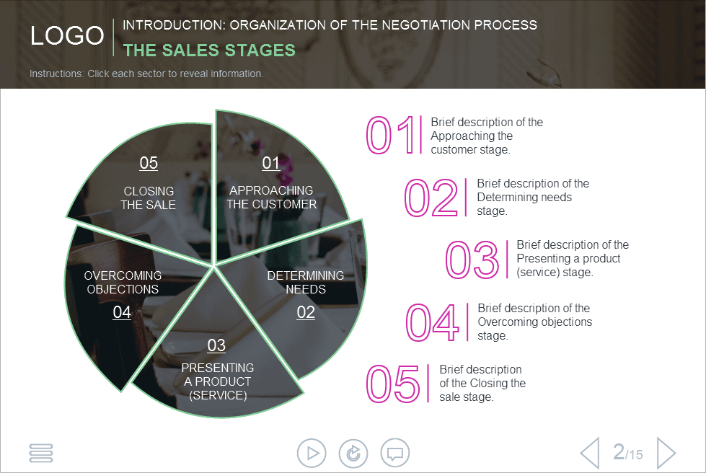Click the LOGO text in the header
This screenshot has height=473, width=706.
coord(67,36)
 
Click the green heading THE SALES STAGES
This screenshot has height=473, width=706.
coord(209,50)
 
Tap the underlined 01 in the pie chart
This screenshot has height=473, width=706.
coord(270,163)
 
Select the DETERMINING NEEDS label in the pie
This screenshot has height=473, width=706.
coord(306,282)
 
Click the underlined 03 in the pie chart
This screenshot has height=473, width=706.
coord(216,345)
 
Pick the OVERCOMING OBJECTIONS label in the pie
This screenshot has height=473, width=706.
coord(123,282)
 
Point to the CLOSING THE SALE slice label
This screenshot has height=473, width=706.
coord(149,198)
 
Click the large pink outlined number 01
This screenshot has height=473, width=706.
coord(390,136)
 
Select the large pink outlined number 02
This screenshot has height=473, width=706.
coord(431,198)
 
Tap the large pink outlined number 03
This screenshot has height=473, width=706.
coord(472,260)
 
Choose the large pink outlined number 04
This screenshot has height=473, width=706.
coord(431,322)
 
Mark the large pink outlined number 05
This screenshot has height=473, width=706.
coord(392,384)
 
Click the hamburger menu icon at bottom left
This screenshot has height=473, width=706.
coord(41,453)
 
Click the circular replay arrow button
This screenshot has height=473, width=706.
coord(353,454)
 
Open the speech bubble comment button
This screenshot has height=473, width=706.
coord(394,454)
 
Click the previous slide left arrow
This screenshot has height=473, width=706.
coord(589,454)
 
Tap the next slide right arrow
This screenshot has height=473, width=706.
coord(666,454)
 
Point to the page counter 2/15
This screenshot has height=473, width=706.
coord(627,453)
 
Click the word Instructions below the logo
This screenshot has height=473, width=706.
coord(56,74)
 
